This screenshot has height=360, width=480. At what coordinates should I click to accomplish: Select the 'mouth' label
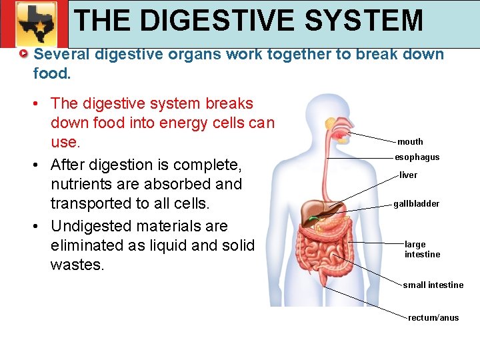410,141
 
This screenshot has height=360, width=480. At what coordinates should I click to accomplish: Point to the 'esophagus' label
417,157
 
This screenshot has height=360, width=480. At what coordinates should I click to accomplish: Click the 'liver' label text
408,175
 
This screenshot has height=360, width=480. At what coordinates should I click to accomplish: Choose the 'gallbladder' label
416,203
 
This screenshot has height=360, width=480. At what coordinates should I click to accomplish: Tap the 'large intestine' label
421,249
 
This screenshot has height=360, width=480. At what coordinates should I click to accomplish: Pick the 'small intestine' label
433,285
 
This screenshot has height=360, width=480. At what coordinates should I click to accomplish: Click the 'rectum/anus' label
433,318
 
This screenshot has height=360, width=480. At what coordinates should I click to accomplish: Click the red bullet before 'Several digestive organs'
24,54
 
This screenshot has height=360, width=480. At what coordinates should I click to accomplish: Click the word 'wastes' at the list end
76,265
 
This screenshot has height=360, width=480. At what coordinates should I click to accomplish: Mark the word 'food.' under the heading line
51,73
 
